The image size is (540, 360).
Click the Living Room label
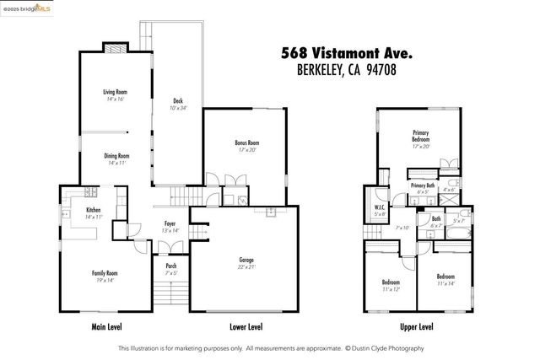[x=115, y=92]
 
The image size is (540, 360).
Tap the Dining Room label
[x=117, y=156]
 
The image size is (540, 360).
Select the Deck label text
[x=178, y=100]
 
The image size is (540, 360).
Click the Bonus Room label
[x=246, y=143]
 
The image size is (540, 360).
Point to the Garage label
[x=246, y=260]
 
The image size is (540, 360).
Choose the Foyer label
[x=170, y=223]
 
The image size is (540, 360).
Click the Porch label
[x=170, y=266]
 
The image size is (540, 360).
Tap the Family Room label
[x=105, y=273]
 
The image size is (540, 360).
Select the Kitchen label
[x=93, y=209]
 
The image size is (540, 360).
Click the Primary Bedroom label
[x=420, y=136]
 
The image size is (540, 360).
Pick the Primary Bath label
[x=423, y=185]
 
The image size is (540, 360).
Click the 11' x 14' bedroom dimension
[x=446, y=284]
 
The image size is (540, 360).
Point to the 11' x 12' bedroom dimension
[x=390, y=289]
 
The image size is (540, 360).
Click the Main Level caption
[x=108, y=326]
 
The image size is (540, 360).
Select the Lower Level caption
[x=246, y=326]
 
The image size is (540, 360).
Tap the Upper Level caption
[x=416, y=326]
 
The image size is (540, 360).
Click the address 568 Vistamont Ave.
[x=346, y=53]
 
